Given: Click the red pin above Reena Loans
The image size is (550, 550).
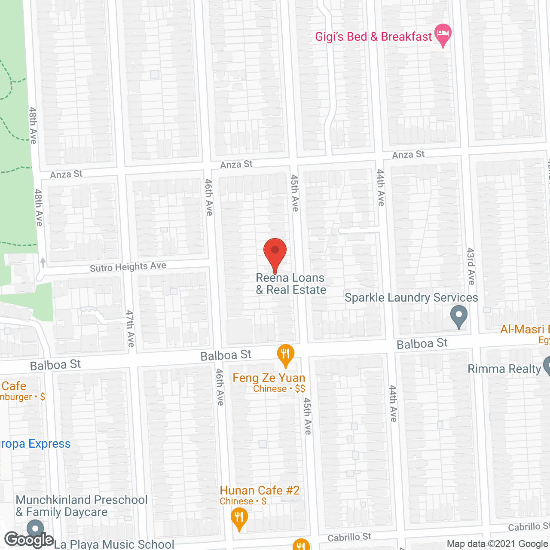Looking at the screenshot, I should pos(275,251).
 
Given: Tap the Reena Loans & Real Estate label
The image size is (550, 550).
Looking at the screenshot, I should pos(291,284).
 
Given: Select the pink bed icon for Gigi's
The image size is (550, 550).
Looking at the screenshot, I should pos(443,34).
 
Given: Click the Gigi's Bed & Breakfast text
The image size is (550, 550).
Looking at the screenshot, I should pos(373,37).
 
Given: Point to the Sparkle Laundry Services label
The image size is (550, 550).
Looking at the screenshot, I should pos(411,298).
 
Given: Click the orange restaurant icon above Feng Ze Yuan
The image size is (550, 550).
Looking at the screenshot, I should pos(285,355).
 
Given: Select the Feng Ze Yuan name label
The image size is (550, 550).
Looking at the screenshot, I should pos(269,378).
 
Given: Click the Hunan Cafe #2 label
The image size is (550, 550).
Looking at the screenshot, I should pos(260,491).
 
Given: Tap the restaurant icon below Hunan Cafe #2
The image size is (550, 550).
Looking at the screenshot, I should pos(239,518).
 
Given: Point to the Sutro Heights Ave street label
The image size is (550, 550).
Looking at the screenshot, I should pos(128,267).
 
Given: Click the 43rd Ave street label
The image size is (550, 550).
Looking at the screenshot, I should pos(471,266).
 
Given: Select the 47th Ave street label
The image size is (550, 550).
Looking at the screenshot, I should pos(130,329).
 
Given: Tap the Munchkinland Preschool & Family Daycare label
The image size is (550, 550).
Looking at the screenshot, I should pos(82,506).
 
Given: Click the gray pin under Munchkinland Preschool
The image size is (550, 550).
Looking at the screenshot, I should pos(35,529).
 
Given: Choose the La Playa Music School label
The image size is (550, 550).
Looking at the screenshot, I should pos(114,544).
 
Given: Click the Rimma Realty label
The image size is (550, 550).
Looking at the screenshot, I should pos(504,369).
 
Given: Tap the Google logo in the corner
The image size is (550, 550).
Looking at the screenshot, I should pos(29,539).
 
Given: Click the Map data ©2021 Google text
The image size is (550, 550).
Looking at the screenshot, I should pos(498,544).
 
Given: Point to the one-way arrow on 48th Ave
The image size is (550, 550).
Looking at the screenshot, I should pos(43,262).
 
